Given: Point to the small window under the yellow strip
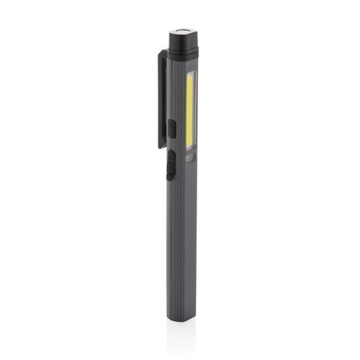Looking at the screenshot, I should click(x=191, y=157).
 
